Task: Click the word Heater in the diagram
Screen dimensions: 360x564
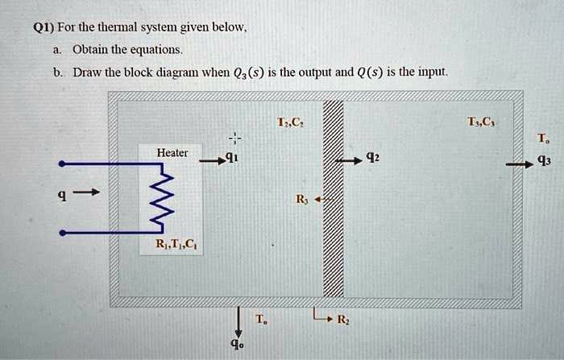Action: pyautogui.click(x=172, y=152)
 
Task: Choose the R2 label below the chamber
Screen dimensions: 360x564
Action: pyautogui.click(x=342, y=321)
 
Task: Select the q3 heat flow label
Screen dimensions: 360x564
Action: pyautogui.click(x=545, y=159)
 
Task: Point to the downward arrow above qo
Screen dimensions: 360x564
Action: pyautogui.click(x=238, y=319)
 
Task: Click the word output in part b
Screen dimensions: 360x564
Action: pyautogui.click(x=312, y=72)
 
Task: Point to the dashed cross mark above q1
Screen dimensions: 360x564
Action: pyautogui.click(x=232, y=136)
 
